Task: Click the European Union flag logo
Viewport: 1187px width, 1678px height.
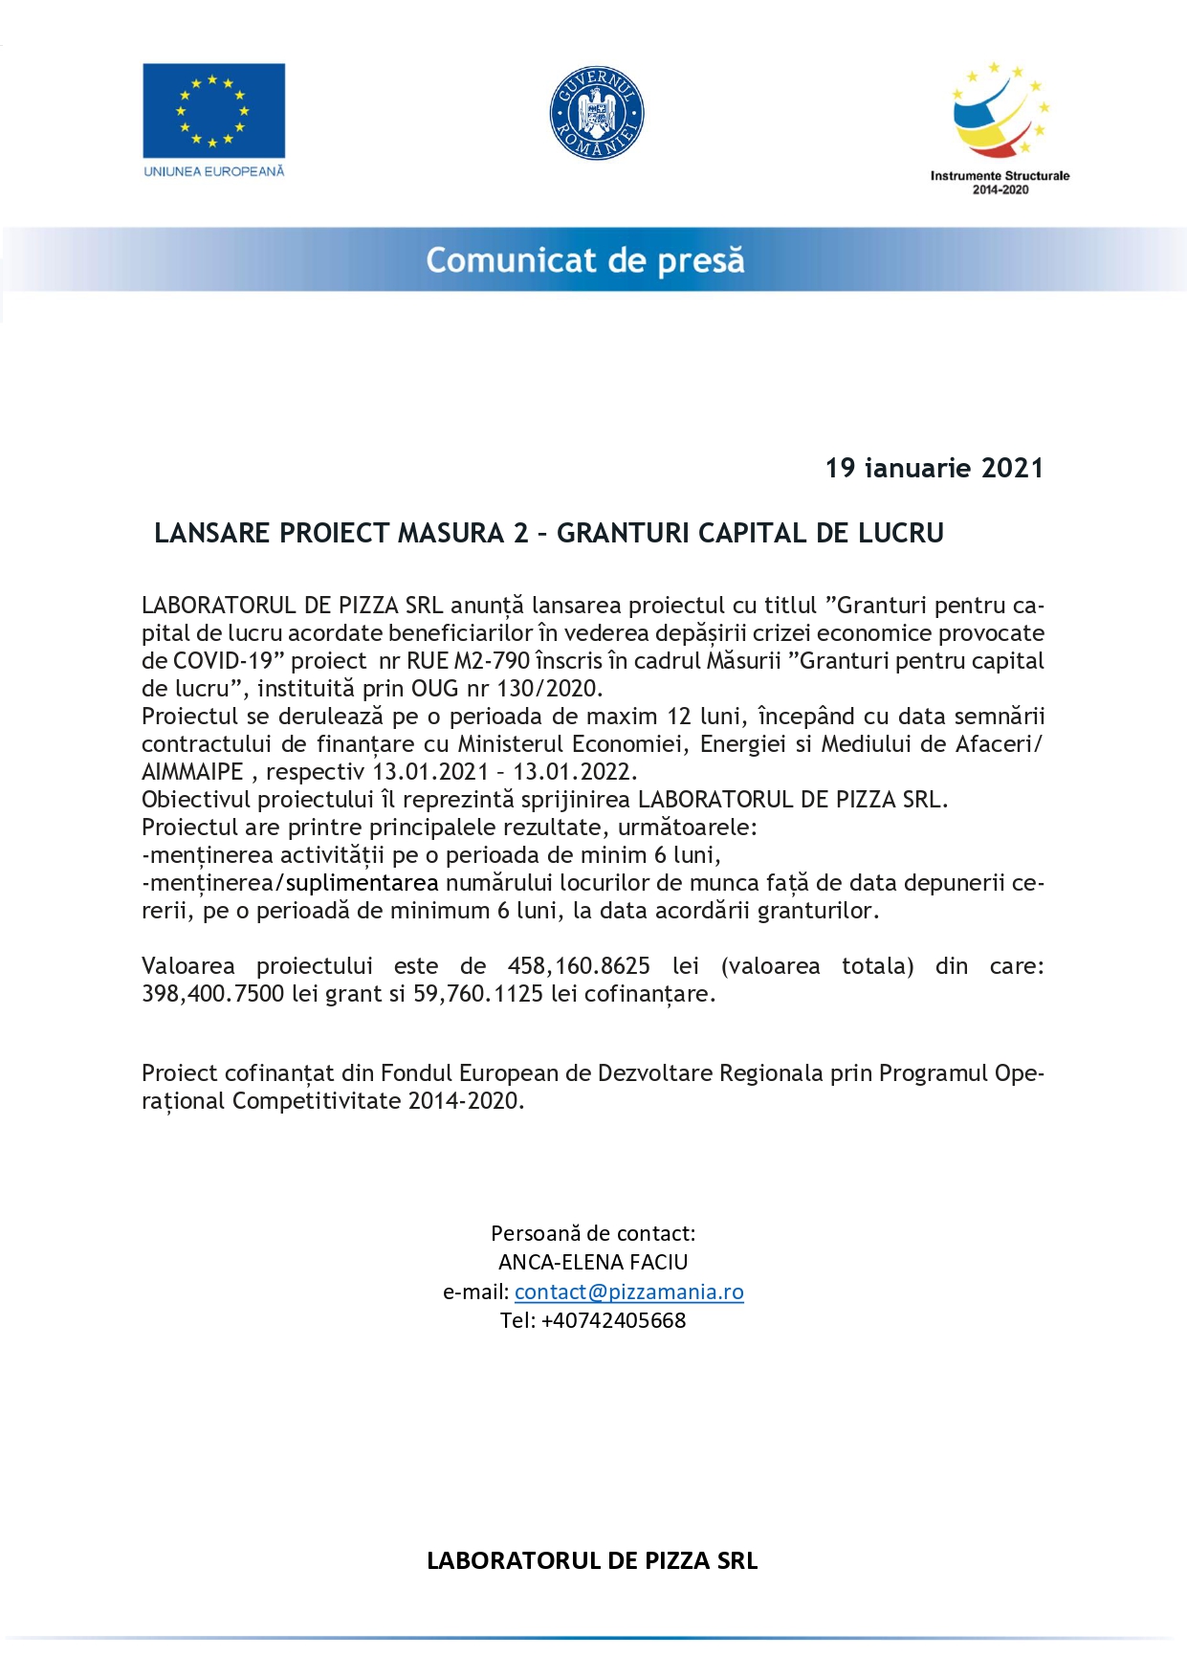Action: point(213,110)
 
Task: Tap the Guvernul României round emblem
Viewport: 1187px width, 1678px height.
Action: point(597,114)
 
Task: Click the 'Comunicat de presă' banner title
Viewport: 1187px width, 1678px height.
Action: point(585,260)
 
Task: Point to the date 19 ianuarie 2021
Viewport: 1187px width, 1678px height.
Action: point(934,468)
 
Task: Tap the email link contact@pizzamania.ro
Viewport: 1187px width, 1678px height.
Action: point(628,1292)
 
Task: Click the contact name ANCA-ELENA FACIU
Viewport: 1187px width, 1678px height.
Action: point(593,1262)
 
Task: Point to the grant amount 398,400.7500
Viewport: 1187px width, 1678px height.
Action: point(212,994)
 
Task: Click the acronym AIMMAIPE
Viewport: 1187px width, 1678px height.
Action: point(192,772)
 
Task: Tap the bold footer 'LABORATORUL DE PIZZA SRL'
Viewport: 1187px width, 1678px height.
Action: point(592,1560)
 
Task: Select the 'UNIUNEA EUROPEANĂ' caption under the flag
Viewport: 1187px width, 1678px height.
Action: point(214,171)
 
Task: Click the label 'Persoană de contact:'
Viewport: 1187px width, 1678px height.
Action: point(593,1233)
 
